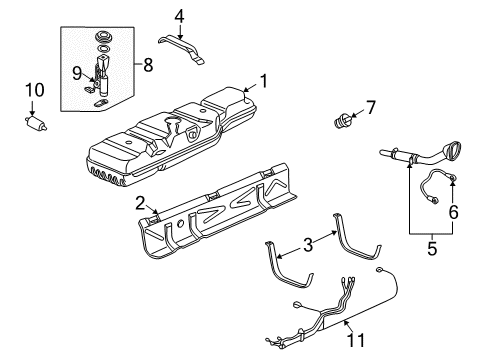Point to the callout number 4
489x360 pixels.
click(x=179, y=15)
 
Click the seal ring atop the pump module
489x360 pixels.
click(x=101, y=40)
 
